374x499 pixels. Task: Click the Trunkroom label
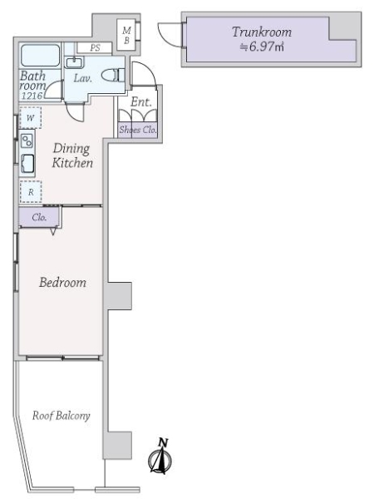[x=262, y=32]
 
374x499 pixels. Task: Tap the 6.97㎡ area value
[x=262, y=47]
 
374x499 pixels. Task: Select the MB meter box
[x=127, y=35]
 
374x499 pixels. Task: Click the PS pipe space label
[x=95, y=47]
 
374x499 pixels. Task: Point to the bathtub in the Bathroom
[x=40, y=56]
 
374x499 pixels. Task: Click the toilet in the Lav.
[x=113, y=75]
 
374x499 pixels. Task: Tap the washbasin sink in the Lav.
[x=75, y=62]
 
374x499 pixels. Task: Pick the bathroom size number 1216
[x=32, y=96]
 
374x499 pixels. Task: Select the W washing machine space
[x=30, y=118]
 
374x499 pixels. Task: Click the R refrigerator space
[x=31, y=192]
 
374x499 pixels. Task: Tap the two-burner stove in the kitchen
[x=27, y=141]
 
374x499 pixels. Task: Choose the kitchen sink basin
[x=27, y=164]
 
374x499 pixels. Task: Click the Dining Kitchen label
[x=72, y=156]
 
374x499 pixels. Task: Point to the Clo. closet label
[x=39, y=217]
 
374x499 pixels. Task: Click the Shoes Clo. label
[x=138, y=130]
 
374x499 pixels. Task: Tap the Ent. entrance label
[x=141, y=101]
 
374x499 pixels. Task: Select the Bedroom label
[x=62, y=282]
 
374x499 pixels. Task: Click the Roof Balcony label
[x=61, y=416]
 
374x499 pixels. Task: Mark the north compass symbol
[x=160, y=457]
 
